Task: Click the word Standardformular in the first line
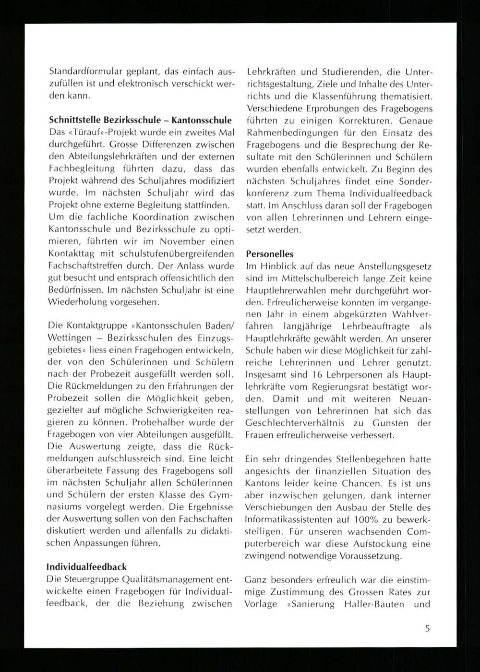(x=79, y=72)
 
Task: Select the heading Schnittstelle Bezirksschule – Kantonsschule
(x=141, y=120)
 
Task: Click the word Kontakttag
(x=72, y=253)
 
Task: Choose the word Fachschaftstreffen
(x=91, y=265)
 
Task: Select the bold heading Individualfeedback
(x=87, y=567)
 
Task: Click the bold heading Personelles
(x=269, y=254)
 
